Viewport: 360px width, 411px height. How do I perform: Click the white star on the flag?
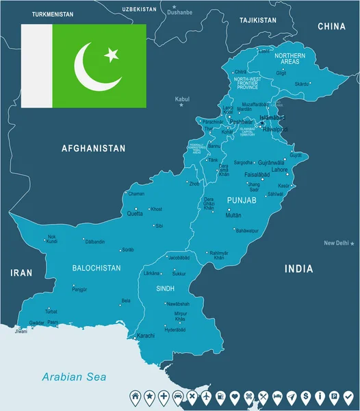point(111,55)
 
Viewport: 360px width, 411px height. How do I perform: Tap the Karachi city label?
point(146,336)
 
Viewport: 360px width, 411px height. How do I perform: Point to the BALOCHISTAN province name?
point(96,268)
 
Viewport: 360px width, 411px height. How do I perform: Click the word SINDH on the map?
point(165,289)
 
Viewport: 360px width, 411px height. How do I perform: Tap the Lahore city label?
point(279,169)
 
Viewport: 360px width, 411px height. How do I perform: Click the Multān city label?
point(233,215)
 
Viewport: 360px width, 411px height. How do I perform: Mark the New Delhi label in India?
point(337,243)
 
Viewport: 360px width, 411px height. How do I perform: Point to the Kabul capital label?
point(182,99)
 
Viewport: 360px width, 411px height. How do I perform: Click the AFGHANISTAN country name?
point(94,148)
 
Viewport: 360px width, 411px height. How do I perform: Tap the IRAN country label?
point(21,273)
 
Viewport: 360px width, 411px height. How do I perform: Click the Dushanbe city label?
point(180,12)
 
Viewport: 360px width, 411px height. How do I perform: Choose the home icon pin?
point(136,396)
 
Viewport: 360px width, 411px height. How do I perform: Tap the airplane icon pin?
point(292,396)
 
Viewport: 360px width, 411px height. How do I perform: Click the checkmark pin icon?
point(348,396)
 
